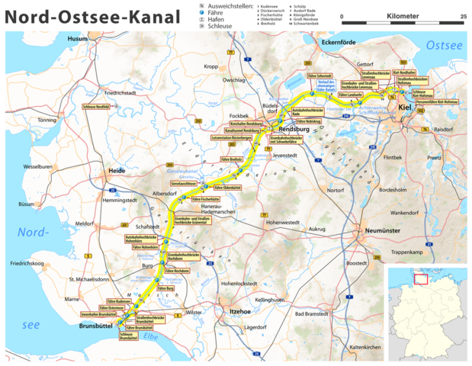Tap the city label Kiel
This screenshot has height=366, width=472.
tap(405, 108)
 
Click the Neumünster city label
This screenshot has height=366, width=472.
tap(379, 227)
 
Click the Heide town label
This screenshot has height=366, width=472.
tap(116, 171)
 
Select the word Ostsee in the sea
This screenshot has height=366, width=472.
tap(444, 47)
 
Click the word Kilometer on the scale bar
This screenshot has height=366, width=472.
tap(403, 15)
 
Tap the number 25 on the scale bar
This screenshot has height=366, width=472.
tap(463, 15)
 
